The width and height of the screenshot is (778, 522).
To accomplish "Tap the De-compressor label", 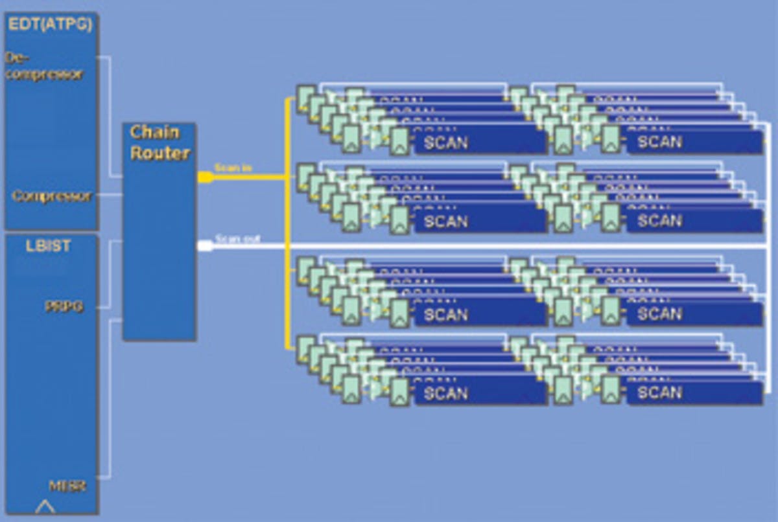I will (x=44, y=66).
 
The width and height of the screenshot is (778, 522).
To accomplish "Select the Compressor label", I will (x=53, y=196).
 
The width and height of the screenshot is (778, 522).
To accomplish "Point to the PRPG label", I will (x=64, y=306).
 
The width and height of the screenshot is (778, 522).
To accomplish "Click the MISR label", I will (x=67, y=485).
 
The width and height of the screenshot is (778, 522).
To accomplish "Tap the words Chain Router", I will (x=159, y=142).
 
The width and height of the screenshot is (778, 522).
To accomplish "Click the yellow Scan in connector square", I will (x=204, y=177).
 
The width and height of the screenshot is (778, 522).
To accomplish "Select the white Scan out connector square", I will (x=205, y=245).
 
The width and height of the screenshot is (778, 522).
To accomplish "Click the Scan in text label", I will (x=233, y=168).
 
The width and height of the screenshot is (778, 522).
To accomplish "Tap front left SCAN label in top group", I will (x=445, y=142).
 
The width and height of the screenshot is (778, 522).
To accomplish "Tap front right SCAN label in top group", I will (x=659, y=142).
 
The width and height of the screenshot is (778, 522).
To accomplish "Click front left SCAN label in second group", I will (x=445, y=221).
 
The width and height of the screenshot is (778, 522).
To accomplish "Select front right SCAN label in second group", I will (x=659, y=221).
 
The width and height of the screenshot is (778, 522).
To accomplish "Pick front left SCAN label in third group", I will (x=445, y=314).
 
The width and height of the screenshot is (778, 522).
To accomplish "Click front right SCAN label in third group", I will (x=659, y=314).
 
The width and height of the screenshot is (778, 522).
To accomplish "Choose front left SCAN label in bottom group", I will (x=445, y=392).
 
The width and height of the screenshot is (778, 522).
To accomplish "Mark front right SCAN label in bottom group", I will (x=659, y=392).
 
